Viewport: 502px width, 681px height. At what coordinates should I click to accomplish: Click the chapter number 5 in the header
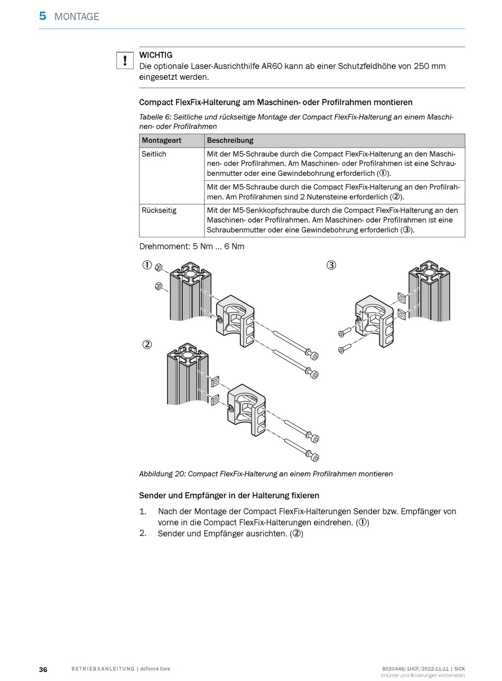click(x=43, y=16)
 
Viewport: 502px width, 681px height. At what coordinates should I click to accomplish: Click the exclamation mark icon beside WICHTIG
click(x=125, y=60)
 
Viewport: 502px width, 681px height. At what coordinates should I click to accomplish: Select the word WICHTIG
click(x=155, y=55)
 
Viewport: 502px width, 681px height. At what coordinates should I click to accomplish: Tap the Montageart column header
click(x=162, y=141)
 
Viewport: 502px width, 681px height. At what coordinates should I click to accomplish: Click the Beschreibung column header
click(x=230, y=141)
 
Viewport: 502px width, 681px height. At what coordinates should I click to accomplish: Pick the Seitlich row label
click(x=154, y=154)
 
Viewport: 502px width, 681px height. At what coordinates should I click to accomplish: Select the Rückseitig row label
click(x=159, y=210)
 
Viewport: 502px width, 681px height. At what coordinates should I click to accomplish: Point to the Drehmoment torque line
click(x=191, y=246)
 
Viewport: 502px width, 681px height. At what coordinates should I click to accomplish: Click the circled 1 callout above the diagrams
click(x=147, y=265)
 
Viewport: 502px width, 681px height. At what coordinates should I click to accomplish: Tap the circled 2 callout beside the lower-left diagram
click(x=147, y=344)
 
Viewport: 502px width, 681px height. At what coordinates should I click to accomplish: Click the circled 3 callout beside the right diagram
click(x=331, y=265)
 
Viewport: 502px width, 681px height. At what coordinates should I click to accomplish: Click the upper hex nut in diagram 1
click(x=160, y=268)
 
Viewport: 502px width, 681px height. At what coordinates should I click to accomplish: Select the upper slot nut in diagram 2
click(x=215, y=382)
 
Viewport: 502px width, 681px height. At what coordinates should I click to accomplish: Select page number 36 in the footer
click(x=43, y=669)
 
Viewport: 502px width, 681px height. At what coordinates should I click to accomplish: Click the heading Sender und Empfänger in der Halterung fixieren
click(x=229, y=495)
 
